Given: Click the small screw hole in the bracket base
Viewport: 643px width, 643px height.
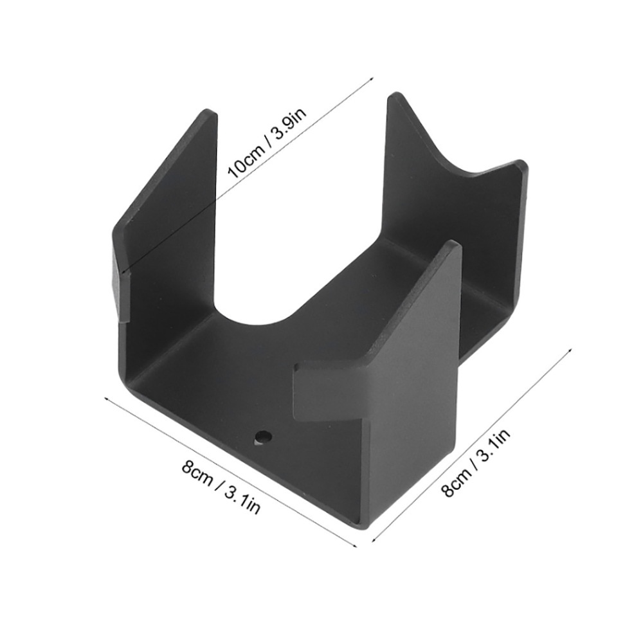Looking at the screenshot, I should point(262,437).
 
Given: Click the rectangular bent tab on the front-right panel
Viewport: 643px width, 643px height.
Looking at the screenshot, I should point(328,392).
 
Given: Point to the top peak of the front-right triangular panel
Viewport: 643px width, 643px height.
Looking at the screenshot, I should point(453,244).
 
